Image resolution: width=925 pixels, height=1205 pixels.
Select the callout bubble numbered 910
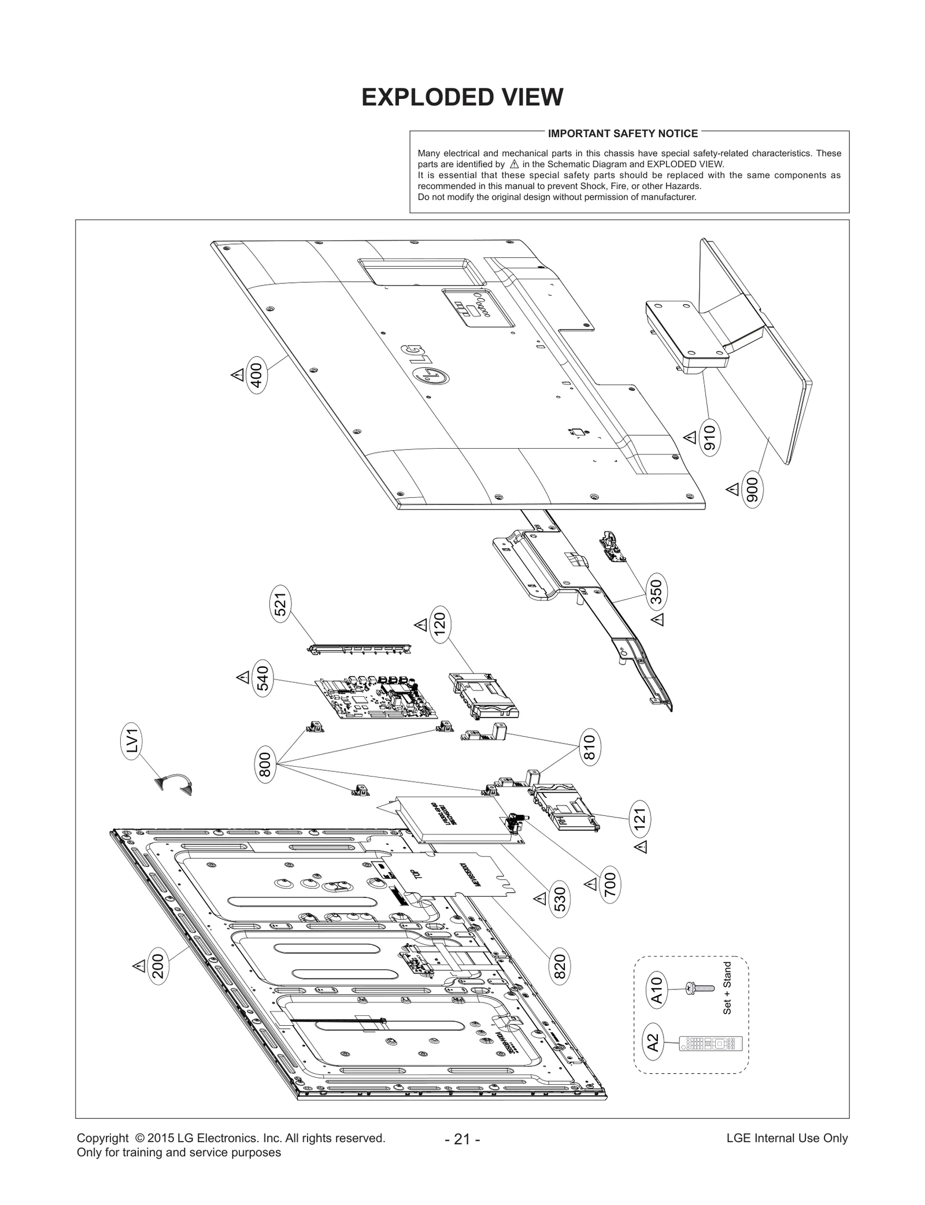pos(711,438)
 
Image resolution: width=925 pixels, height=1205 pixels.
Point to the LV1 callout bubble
pos(132,741)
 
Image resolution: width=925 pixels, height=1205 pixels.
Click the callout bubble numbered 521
pos(282,604)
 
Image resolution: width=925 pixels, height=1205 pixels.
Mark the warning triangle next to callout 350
pos(657,619)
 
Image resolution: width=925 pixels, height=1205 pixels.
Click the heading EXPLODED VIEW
pos(462,97)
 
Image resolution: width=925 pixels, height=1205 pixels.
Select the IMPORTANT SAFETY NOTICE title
pos(623,134)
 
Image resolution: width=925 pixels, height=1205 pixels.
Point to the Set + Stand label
pos(727,988)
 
